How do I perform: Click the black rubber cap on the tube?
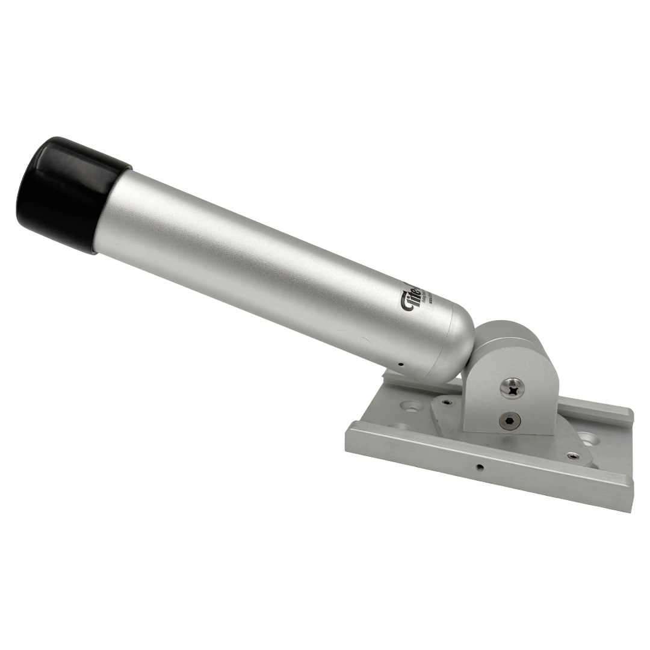(66, 193)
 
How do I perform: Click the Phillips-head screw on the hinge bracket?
(512, 388)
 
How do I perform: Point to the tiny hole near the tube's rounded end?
(401, 364)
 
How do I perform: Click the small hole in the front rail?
(478, 466)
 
